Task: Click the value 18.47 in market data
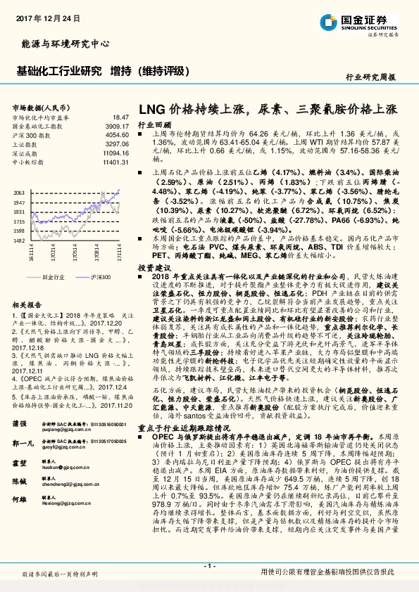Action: coord(119,117)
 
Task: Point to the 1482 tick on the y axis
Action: coord(20,239)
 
